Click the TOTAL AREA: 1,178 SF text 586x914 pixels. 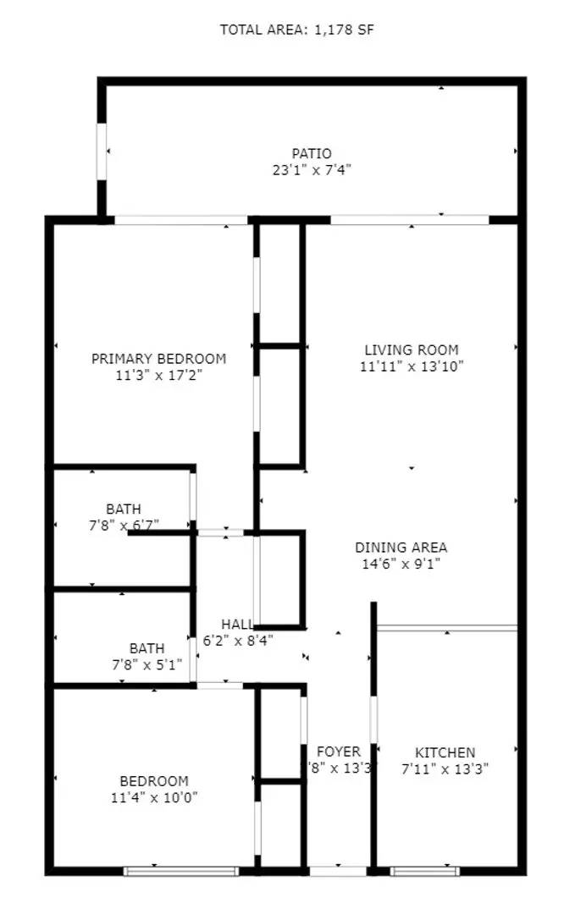tap(296, 30)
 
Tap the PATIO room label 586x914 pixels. tap(306, 153)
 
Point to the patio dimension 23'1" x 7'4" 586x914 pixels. tap(306, 169)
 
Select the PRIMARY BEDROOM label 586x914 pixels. tap(158, 358)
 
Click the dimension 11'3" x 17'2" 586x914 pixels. tap(158, 374)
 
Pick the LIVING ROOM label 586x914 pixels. tap(411, 350)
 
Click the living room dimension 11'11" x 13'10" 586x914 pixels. tap(411, 366)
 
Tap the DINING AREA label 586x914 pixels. tap(401, 548)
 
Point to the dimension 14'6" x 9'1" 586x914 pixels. tap(401, 564)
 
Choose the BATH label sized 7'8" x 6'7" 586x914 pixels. tap(124, 509)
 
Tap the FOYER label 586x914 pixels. tap(338, 752)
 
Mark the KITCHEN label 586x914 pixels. tap(445, 752)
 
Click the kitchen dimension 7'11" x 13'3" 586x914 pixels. tap(445, 768)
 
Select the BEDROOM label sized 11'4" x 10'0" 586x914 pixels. tap(153, 780)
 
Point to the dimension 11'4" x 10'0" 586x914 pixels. tap(153, 796)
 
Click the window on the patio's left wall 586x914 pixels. tap(102, 151)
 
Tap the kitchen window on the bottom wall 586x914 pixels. tap(425, 870)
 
